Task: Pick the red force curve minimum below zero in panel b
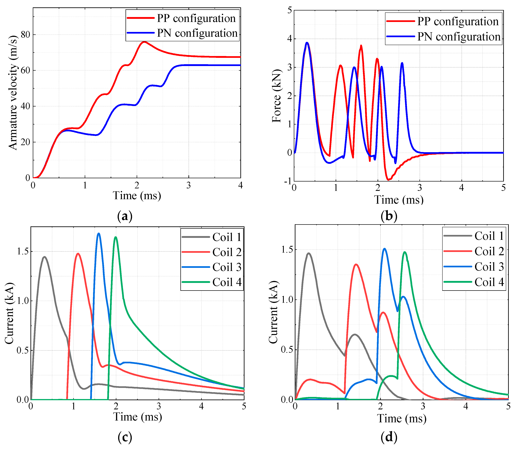[388, 180]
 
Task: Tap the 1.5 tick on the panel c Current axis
[23, 252]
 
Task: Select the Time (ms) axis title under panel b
[399, 200]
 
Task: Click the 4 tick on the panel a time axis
[240, 185]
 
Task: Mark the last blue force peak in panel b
[402, 63]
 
